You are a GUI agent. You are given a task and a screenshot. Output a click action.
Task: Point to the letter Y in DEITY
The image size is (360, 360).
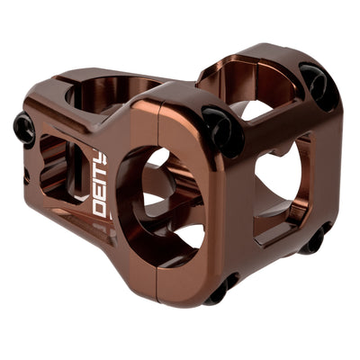[102, 160]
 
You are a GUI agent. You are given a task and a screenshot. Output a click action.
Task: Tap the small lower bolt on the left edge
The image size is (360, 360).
[26, 177]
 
